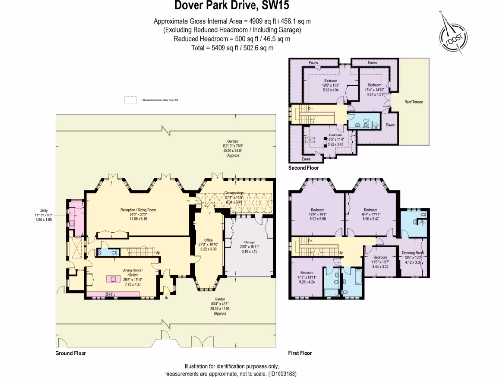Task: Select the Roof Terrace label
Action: point(414,102)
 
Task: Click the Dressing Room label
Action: point(413,253)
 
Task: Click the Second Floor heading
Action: point(304,168)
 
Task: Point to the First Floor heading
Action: point(300,353)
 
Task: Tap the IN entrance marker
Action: point(167,298)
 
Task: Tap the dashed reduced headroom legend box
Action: point(131,100)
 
